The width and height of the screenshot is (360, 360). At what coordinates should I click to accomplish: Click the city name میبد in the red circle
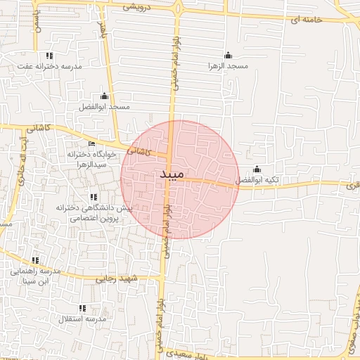[x=172, y=173]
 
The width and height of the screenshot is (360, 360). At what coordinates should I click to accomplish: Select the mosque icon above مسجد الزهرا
[x=227, y=55]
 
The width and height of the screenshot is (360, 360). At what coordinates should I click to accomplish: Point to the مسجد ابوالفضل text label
[x=104, y=106]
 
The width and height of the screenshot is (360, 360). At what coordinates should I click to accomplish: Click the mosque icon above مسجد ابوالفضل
[x=105, y=96]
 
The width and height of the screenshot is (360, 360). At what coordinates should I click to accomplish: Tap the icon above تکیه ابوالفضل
[x=257, y=169]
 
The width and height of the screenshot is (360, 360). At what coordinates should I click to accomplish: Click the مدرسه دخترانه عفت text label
[x=50, y=66]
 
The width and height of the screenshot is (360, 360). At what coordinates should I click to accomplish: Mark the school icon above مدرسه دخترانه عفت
[x=49, y=55]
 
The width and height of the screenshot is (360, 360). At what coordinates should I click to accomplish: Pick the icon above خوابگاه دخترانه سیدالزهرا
[x=91, y=143]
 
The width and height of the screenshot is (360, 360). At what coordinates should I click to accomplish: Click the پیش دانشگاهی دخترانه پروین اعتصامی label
[x=94, y=213]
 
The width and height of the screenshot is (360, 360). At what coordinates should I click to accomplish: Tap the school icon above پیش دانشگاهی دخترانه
[x=94, y=198]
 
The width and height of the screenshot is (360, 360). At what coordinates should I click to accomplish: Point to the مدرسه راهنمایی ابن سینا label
[x=33, y=276]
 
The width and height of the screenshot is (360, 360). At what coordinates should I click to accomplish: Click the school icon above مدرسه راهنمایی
[x=35, y=260]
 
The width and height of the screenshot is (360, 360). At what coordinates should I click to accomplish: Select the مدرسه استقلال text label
[x=82, y=319]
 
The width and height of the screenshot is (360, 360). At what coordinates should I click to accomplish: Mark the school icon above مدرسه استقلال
[x=82, y=308]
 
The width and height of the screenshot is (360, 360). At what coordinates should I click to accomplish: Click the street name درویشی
[x=138, y=7]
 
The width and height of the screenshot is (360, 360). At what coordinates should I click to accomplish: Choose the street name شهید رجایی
[x=126, y=279]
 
